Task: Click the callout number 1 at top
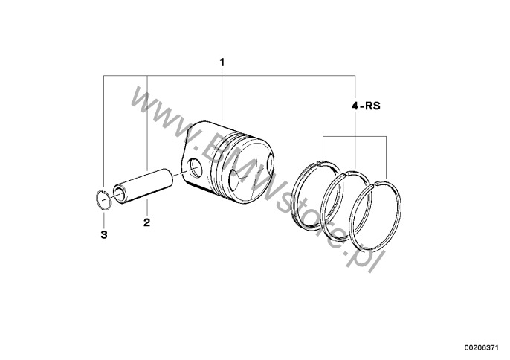[x=222, y=62]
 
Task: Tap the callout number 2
[x=146, y=222]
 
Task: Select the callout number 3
[x=104, y=234]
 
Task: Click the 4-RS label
[x=366, y=106]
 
